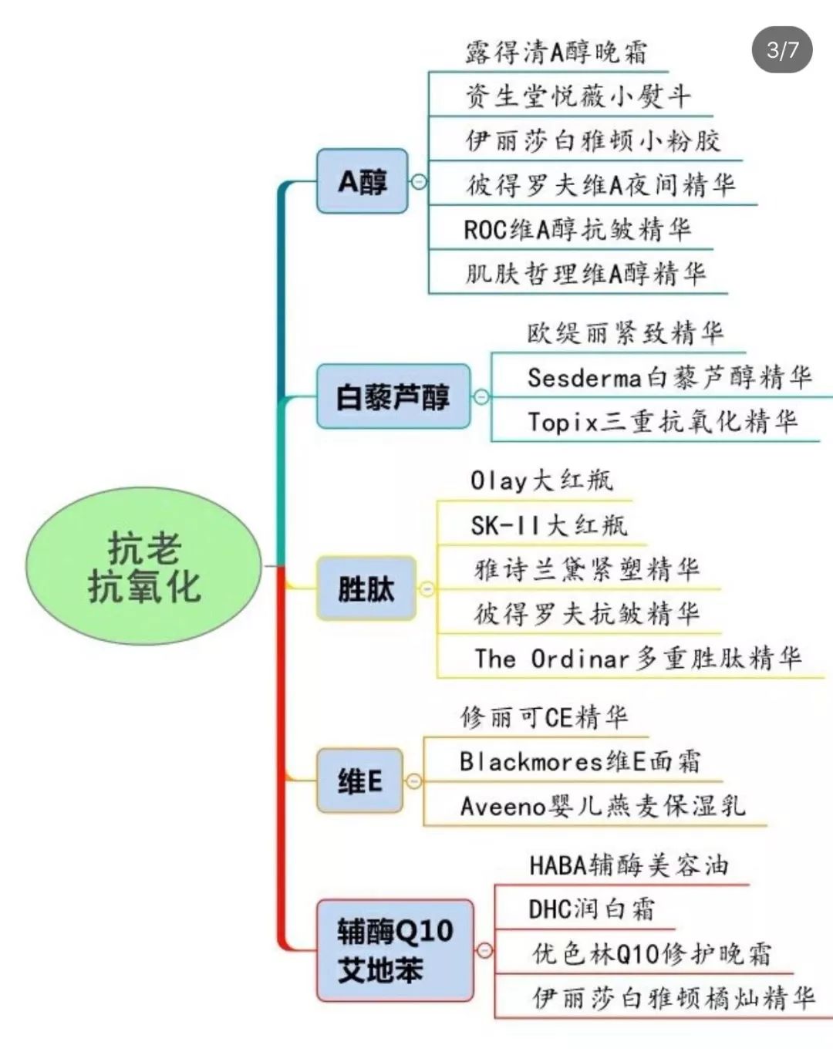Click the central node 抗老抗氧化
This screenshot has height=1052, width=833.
[x=143, y=567]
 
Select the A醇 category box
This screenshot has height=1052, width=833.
[x=362, y=181]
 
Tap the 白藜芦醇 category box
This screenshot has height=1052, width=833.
[x=393, y=396]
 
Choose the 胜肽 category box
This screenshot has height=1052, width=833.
[x=366, y=588]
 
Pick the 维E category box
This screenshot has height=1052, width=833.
[x=359, y=781]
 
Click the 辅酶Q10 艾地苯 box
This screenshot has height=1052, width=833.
[x=394, y=950]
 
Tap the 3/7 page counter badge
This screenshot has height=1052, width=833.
[x=782, y=50]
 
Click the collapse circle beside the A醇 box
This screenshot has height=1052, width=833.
[x=419, y=181]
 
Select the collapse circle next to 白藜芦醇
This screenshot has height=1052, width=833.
[x=481, y=396]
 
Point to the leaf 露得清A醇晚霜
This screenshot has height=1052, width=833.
[x=556, y=52]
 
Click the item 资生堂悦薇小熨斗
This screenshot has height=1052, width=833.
[x=577, y=96]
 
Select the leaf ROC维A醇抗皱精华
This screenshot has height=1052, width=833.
[x=577, y=229]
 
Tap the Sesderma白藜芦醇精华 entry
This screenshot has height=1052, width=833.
[x=669, y=377]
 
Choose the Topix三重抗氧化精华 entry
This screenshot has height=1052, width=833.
[x=662, y=422]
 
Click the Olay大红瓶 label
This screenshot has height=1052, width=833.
[x=541, y=480]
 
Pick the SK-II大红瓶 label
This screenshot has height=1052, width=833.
[x=548, y=525]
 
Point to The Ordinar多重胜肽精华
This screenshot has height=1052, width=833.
[x=637, y=659]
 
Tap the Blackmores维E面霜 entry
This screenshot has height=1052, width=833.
[x=580, y=761]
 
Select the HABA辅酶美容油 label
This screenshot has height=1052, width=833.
[x=628, y=865]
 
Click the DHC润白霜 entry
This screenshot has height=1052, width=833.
[x=591, y=909]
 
